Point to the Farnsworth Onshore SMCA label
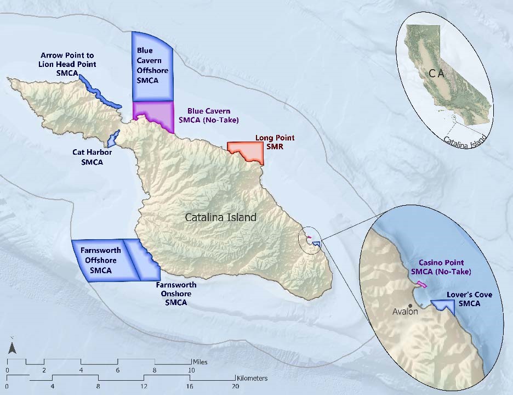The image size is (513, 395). tap(176, 294)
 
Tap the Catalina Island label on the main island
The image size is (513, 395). tap(220, 217)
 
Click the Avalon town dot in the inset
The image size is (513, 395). tap(410, 306)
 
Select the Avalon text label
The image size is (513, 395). tap(406, 312)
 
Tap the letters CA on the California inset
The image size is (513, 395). tap(436, 73)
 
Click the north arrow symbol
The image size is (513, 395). tap(11, 347)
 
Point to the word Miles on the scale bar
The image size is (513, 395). tap(200, 363)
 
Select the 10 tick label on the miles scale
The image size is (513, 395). tap(192, 371)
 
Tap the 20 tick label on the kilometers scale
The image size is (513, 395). tap(236, 387)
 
